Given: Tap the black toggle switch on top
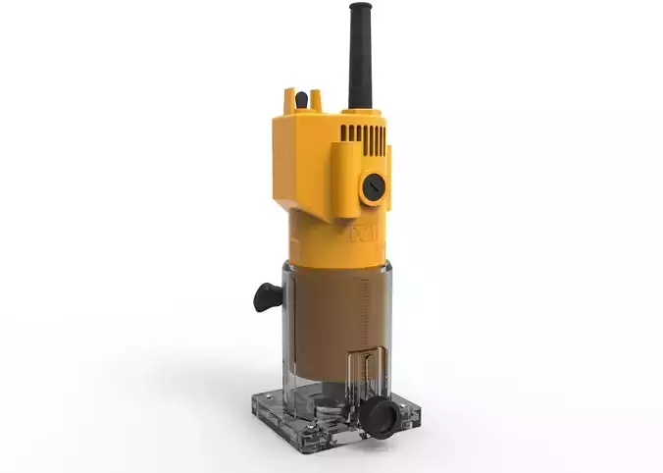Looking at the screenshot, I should (302, 99).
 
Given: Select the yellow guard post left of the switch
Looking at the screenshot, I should (290, 99).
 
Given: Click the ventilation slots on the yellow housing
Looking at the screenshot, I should (362, 132).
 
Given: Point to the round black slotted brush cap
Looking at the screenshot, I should (373, 186).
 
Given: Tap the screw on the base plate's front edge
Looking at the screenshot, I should (324, 433).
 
